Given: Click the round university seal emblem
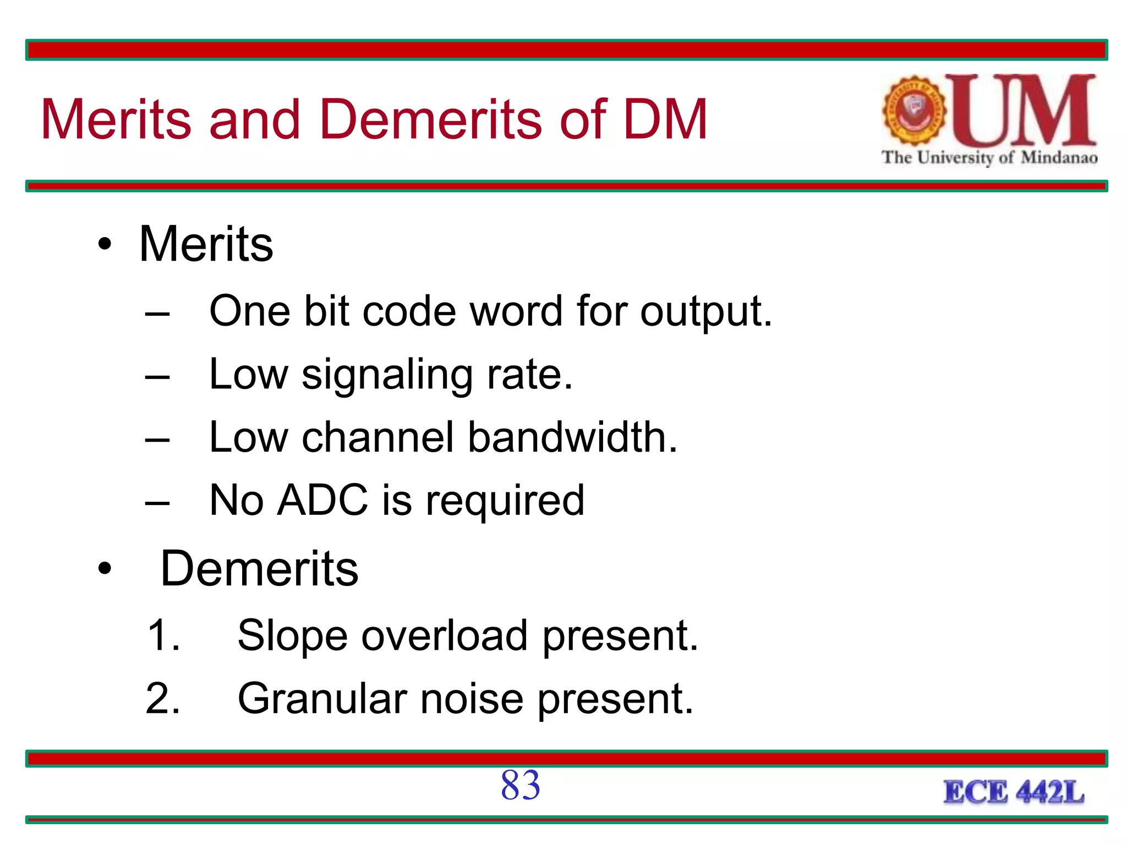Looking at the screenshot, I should [913, 111].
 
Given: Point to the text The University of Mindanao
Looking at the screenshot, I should [989, 158].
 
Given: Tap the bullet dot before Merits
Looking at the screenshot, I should [105, 244].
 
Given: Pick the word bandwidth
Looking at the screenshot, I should [572, 437].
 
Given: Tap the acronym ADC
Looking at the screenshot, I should [322, 500].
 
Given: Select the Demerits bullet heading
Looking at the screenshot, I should [259, 569].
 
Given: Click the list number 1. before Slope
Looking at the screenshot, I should [163, 636].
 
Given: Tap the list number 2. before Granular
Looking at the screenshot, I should [163, 699].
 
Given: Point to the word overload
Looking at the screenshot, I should [445, 636].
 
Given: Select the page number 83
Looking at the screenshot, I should [520, 785].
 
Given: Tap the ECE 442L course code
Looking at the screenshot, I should [1014, 793].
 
